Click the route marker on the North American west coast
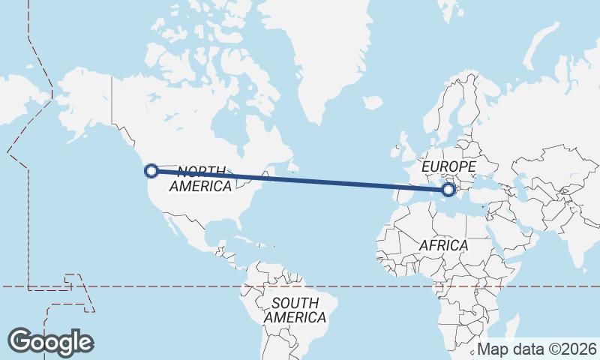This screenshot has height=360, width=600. coord(151,170)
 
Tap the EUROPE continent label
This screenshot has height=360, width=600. coord(448,166)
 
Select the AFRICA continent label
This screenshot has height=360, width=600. coord(443,245)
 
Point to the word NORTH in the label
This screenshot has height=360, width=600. coord(202,172)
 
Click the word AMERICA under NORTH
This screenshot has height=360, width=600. coord(199,186)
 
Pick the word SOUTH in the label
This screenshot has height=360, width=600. coord(295,303)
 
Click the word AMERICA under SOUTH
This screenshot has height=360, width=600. coord(295,317)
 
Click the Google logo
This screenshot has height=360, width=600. coord(51,341)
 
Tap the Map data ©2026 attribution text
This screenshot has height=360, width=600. coord(537,349)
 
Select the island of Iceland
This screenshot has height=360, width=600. coord(373,103)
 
